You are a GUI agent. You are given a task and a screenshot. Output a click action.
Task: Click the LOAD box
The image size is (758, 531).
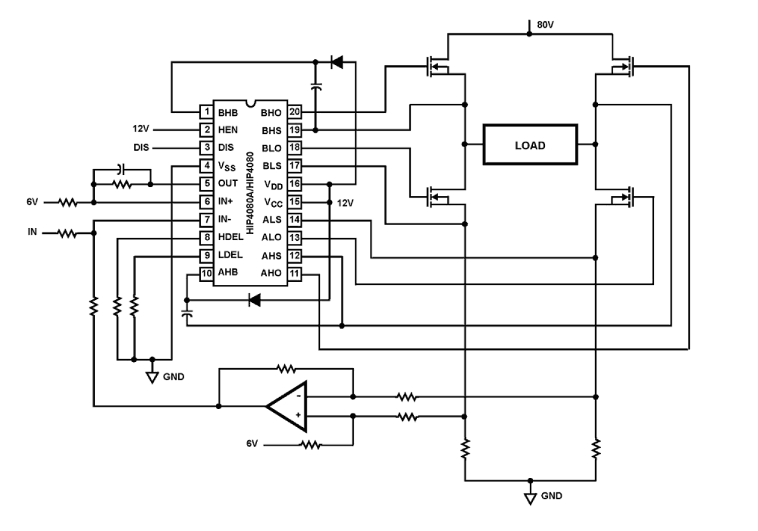click(530, 145)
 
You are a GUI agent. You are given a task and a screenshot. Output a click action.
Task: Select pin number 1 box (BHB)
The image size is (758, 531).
click(206, 112)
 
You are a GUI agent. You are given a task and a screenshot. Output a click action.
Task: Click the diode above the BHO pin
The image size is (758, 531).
click(337, 61)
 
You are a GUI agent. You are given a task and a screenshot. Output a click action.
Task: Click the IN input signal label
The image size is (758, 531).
click(32, 232)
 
